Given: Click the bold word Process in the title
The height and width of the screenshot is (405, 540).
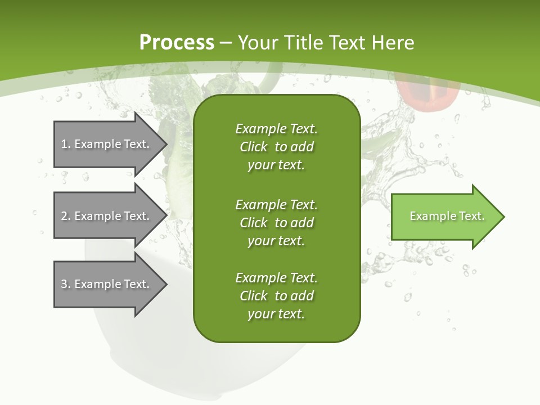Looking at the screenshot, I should click(177, 43).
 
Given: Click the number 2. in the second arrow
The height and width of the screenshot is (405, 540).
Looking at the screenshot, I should click(65, 216).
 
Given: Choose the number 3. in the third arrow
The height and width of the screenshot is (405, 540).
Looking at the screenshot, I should click(65, 284).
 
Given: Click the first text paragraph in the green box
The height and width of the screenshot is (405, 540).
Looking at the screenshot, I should click(276, 147).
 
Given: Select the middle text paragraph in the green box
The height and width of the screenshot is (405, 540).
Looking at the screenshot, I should click(276, 222).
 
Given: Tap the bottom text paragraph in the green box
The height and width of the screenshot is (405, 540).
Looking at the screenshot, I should click(276, 296).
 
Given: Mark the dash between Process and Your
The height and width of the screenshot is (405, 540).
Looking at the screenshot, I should click(226, 43).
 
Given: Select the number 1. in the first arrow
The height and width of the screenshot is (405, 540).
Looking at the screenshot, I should click(65, 144).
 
